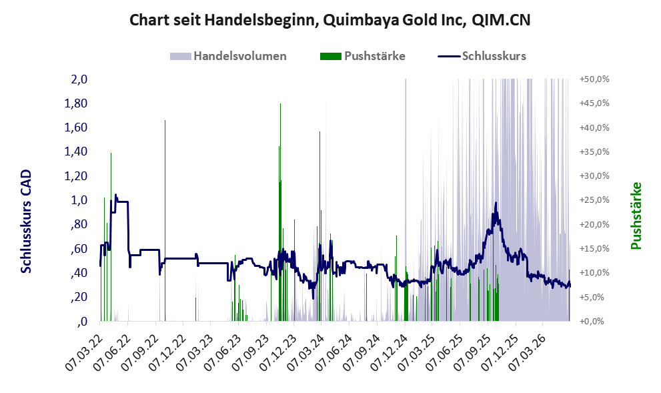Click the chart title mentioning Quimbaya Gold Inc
pos(329,20)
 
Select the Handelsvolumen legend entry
pos(228,56)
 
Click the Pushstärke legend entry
pos(363,56)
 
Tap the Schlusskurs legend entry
pos(482,56)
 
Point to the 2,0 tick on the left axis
pos(79,79)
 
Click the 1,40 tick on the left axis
pos(75,151)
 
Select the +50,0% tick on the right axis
pos(594,79)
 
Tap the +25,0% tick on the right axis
pos(594,200)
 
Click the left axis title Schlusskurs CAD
pos(26,222)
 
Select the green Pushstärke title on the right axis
pos(636,216)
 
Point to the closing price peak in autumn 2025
pos(496,203)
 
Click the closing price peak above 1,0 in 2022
pos(116,195)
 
